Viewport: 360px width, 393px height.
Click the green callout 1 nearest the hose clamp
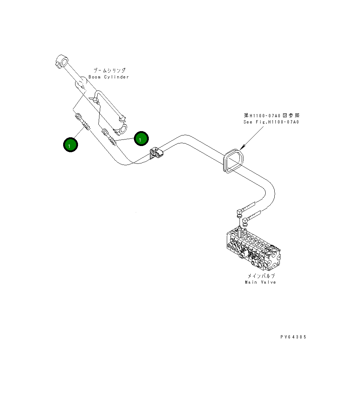pyautogui.click(x=141, y=138)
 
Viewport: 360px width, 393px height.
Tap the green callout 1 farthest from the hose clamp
pyautogui.click(x=70, y=145)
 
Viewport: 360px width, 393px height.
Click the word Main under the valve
pyautogui.click(x=251, y=282)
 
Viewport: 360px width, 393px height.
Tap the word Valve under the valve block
pyautogui.click(x=268, y=282)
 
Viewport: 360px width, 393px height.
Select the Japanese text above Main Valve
pyautogui.click(x=261, y=276)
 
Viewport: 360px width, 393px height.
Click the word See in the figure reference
pyautogui.click(x=248, y=122)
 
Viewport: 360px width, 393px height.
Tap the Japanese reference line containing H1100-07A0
pyautogui.click(x=272, y=116)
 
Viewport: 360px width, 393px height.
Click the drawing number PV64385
pyautogui.click(x=293, y=337)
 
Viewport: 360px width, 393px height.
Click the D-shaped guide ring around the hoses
pyautogui.click(x=233, y=161)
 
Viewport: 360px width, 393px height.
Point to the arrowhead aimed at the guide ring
pyautogui.click(x=242, y=147)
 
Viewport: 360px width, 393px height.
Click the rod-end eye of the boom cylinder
pyautogui.click(x=62, y=60)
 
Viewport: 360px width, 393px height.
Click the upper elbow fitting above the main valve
pyautogui.click(x=239, y=211)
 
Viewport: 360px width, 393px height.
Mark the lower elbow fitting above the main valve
pyautogui.click(x=246, y=219)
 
